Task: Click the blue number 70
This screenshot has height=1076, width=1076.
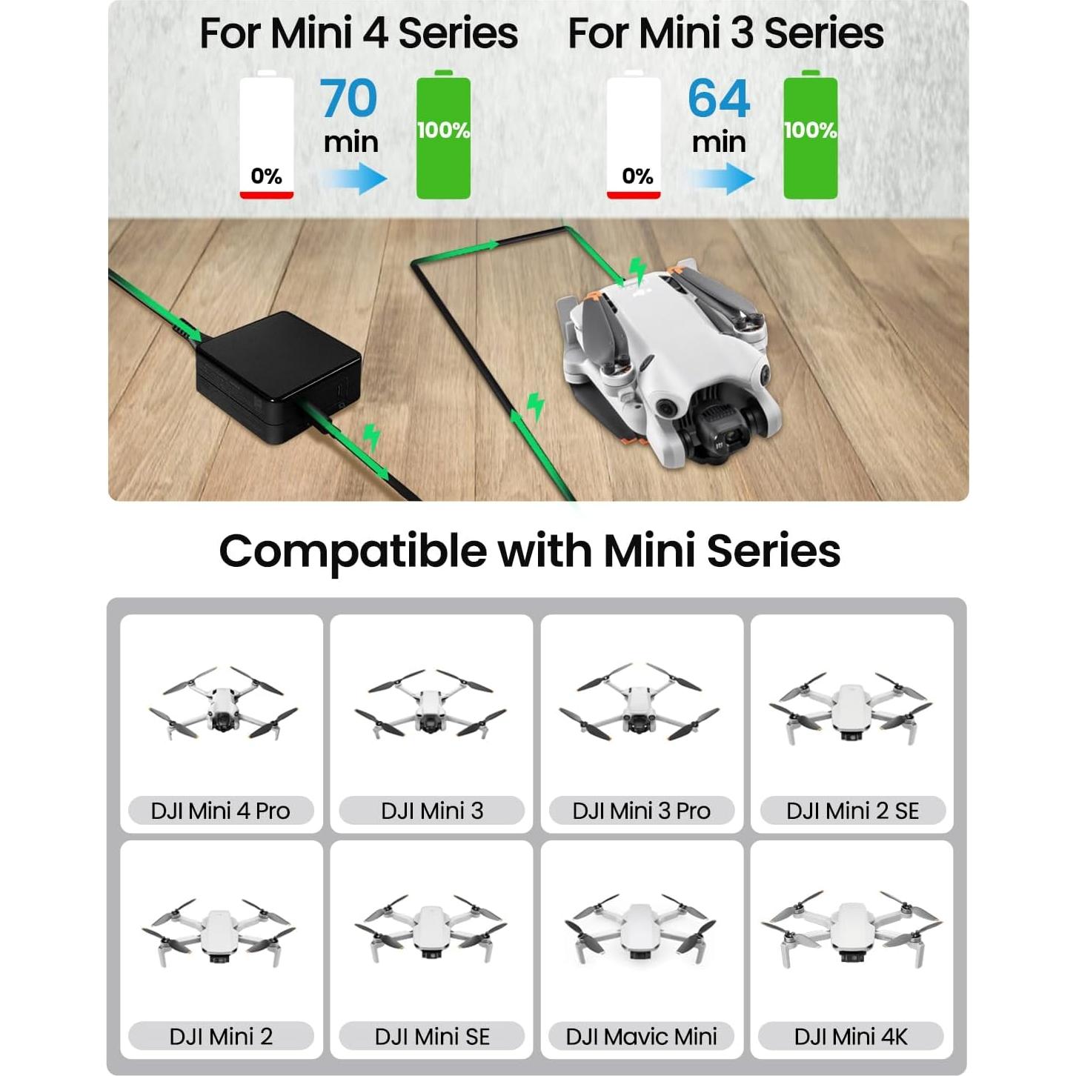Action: point(348,99)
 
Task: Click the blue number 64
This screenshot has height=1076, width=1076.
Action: point(718,99)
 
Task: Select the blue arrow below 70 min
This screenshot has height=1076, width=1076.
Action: point(353,179)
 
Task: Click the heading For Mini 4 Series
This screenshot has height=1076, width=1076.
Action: point(359,34)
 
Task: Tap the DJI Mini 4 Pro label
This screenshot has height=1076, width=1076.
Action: point(221,811)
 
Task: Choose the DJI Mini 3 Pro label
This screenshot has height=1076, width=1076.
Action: point(642,811)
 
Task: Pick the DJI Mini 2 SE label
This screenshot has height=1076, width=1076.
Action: point(852,811)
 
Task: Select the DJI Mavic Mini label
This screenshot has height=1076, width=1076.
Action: point(642,1036)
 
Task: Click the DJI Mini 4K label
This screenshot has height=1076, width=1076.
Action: point(851,1036)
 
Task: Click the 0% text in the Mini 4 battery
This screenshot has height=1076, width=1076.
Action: point(266,176)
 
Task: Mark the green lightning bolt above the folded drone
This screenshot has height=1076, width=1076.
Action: point(637,270)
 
